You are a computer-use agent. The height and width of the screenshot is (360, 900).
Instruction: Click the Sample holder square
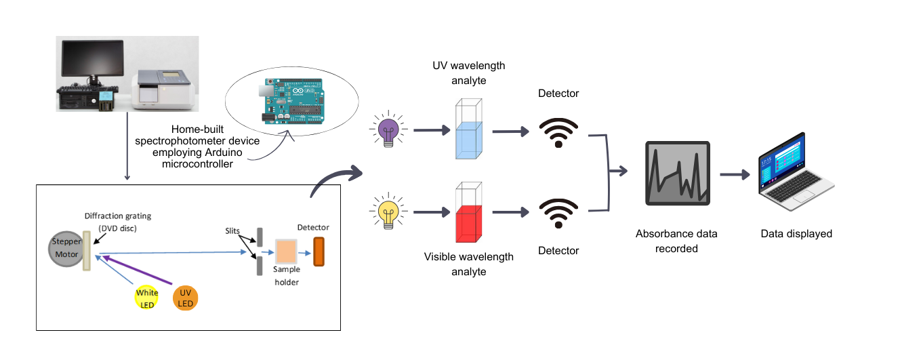(286, 253)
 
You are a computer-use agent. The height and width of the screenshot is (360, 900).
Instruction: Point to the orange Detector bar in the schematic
(319, 252)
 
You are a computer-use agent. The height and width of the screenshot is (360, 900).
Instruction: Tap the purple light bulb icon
(388, 130)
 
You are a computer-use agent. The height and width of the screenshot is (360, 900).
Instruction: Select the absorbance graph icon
(677, 174)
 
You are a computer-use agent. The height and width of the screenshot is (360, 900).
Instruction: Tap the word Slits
(232, 231)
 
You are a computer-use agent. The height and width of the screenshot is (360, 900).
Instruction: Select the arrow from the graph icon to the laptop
(735, 175)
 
